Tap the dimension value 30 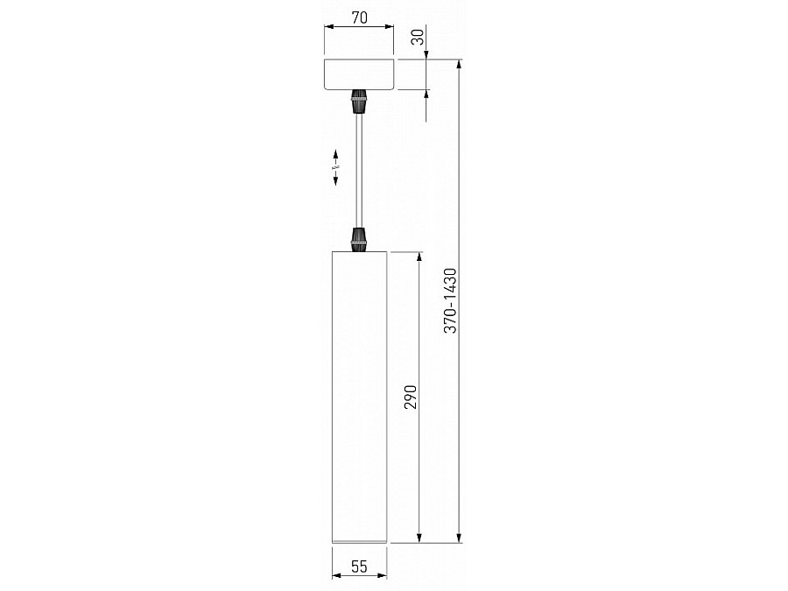418,37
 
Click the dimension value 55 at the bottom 359,566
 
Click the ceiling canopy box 360,74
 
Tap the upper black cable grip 358,102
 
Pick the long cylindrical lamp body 359,394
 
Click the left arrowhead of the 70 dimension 328,27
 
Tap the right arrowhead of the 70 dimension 391,27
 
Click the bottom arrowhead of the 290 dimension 421,538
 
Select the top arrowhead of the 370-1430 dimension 460,65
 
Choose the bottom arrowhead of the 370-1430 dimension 460,538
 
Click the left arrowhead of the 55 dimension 336,576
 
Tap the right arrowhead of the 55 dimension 383,576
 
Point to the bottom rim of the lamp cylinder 359,540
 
